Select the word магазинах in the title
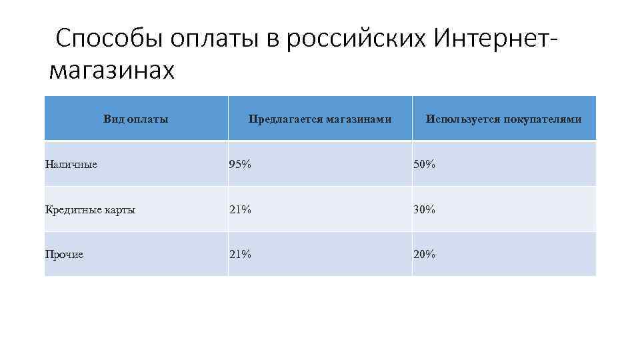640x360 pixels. pos(112,70)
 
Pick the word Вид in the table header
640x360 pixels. pos(114,119)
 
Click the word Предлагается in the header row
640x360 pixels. pos(283,119)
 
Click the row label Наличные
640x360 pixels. pos(71,164)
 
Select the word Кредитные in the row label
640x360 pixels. pos(71,209)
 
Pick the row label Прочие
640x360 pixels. pos(64,254)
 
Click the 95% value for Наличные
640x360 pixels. pos(240,164)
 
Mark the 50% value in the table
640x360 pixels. pos(424,164)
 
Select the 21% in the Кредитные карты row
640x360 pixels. pos(240,209)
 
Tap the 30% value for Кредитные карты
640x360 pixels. pos(424,209)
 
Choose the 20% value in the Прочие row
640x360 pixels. pos(424,254)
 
